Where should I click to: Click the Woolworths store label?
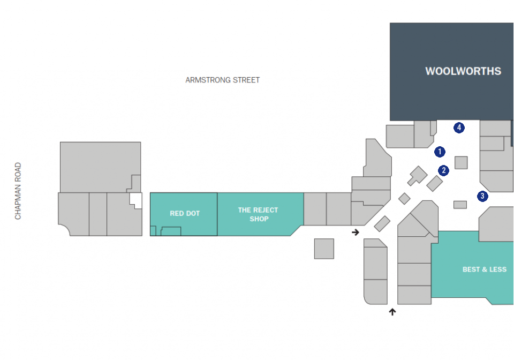463,71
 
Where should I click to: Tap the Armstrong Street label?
223,80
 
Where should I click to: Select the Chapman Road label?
18,191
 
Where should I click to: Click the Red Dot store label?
185,213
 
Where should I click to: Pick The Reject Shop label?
258,214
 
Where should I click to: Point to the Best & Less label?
485,269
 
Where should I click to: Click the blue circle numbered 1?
440,152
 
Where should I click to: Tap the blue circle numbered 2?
443,170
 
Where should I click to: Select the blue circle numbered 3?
482,197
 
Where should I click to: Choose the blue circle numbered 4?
459,127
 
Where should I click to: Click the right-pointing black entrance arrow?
356,232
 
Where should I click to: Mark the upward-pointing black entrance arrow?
392,312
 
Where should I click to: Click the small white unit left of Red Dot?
135,200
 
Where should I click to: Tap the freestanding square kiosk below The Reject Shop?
324,249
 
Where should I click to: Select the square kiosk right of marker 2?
461,163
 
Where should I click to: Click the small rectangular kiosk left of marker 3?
460,205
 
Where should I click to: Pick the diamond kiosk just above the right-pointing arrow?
382,224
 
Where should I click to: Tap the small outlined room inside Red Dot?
171,231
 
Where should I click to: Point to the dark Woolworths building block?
451,72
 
